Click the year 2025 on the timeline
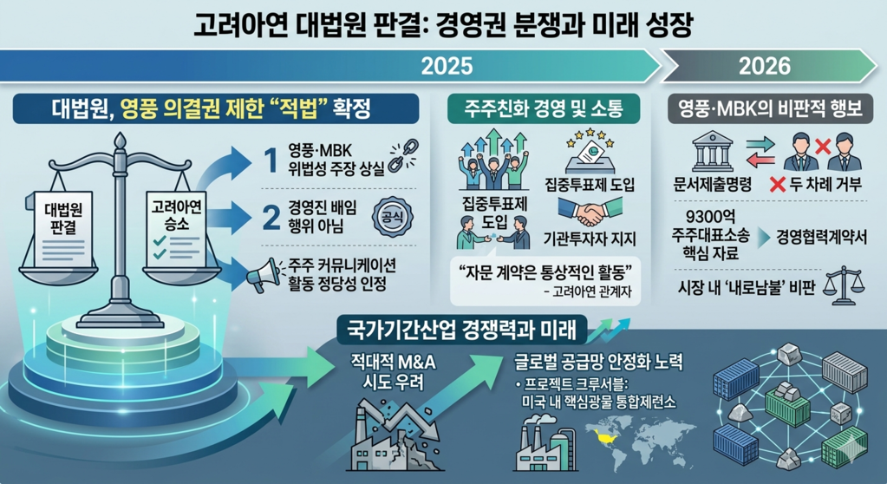[x=447, y=66]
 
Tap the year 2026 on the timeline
[x=765, y=66]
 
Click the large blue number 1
[x=272, y=160]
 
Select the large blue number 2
[x=272, y=217]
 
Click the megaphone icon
[x=263, y=276]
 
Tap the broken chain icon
[x=403, y=155]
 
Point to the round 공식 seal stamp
[x=392, y=216]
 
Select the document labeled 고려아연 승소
[x=176, y=227]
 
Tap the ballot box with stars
[x=590, y=151]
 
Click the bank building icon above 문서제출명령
[x=712, y=151]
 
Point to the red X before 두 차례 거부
[x=778, y=184]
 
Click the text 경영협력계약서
[x=821, y=237]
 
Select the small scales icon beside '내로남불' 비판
[x=844, y=285]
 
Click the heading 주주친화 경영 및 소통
[x=544, y=108]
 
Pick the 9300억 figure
[x=710, y=217]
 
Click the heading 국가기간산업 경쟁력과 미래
[x=461, y=330]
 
